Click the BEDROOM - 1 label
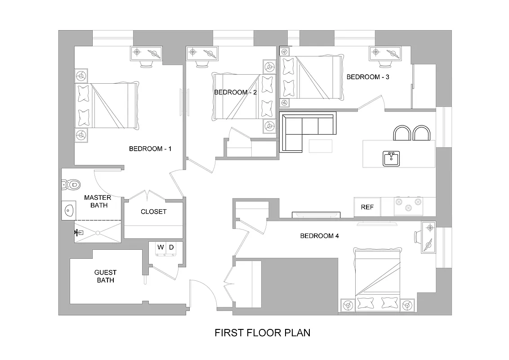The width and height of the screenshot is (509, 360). coord(150,149)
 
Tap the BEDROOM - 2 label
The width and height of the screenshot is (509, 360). coord(235,92)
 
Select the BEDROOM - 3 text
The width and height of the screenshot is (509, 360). coord(368,77)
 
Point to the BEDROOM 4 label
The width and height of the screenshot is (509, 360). coord(319,236)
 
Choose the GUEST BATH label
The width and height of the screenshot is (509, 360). coord(105,276)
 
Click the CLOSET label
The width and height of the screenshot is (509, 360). coord(153,211)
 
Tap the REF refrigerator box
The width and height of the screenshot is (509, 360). coord(367,207)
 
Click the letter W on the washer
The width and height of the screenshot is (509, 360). coord(161,247)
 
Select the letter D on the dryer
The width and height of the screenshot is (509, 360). coord(171,247)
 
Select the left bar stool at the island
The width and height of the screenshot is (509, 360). coord(402,133)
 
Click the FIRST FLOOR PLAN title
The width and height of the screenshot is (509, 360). coord(262,333)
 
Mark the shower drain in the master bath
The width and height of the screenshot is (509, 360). coord(98,233)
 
